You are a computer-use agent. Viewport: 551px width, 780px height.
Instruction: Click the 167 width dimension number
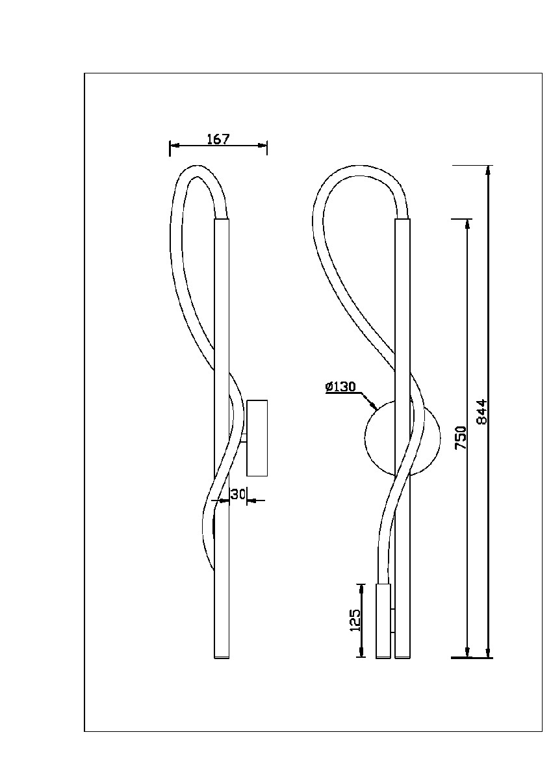click(218, 139)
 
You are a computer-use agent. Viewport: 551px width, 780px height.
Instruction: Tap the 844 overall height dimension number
click(481, 412)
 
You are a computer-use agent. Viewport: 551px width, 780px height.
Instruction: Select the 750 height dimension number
click(461, 437)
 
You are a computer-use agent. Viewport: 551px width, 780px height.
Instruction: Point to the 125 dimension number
click(354, 620)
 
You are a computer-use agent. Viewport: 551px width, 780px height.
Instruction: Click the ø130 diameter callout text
click(340, 387)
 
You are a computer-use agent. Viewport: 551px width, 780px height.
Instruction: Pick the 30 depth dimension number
click(238, 494)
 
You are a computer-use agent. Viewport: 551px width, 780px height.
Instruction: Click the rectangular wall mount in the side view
click(257, 437)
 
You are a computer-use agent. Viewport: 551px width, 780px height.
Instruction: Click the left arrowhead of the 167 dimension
click(174, 146)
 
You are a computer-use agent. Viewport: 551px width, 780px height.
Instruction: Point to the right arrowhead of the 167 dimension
click(263, 146)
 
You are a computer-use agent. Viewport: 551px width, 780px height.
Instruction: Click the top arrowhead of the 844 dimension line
click(489, 170)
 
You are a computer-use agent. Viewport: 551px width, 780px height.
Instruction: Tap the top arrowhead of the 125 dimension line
click(362, 588)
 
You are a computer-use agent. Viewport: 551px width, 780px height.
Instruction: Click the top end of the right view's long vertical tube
click(403, 220)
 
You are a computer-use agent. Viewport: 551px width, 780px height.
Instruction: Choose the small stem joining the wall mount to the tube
click(244, 438)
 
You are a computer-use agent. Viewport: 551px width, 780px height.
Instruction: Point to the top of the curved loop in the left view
click(198, 166)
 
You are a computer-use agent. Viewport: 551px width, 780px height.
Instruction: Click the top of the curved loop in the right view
click(360, 166)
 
